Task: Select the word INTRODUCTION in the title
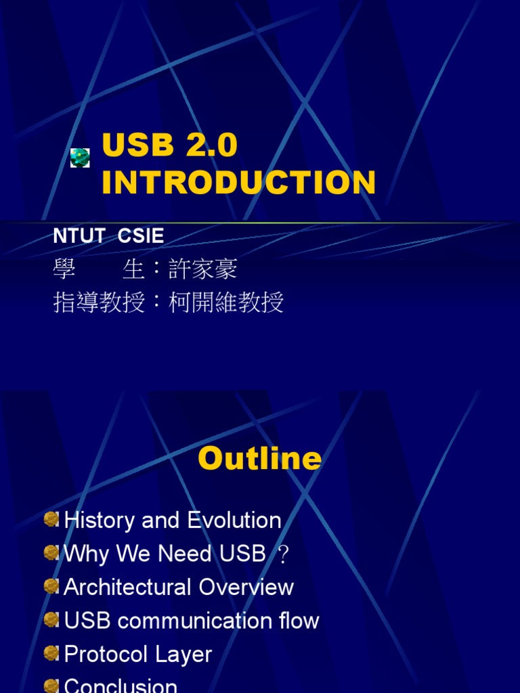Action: click(x=238, y=183)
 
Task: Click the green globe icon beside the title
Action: click(x=81, y=158)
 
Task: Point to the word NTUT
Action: click(x=79, y=236)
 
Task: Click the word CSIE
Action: click(x=141, y=236)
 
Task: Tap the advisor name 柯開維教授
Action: click(x=225, y=303)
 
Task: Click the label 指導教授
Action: click(x=99, y=303)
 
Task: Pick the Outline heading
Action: click(x=259, y=459)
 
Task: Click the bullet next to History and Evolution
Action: click(x=51, y=519)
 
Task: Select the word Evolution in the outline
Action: click(x=234, y=520)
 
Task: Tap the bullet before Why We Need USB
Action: click(x=51, y=553)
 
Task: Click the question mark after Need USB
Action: click(x=284, y=556)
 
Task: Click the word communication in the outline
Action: click(x=187, y=621)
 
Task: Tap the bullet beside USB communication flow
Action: click(x=51, y=619)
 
